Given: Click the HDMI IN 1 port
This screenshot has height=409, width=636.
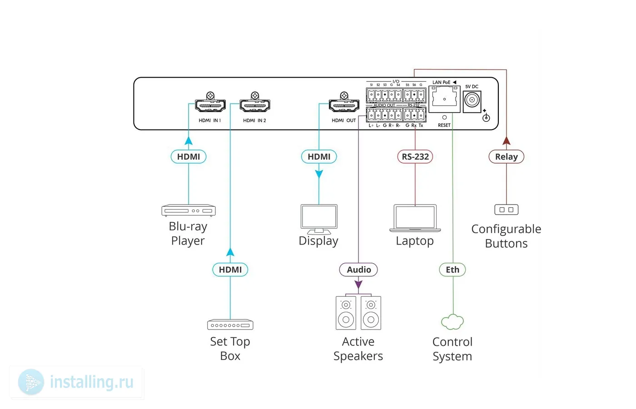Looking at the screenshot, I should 210,106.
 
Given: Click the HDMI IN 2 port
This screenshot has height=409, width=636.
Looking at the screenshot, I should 254,106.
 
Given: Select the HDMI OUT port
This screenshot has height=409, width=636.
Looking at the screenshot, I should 344,106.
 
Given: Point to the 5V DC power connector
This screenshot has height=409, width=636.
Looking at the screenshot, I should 472,100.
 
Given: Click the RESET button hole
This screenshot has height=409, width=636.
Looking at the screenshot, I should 444,117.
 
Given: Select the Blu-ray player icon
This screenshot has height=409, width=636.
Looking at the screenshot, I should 189,210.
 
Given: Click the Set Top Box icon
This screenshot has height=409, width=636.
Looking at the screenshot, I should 230,325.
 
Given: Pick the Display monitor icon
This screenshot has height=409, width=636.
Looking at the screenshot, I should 319,219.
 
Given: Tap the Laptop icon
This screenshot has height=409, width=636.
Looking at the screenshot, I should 415,219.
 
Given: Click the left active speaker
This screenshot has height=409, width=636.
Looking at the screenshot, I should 346,313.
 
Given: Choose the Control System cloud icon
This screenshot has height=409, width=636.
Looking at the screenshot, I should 452,322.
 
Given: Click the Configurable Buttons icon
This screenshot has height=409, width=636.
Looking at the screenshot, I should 506,209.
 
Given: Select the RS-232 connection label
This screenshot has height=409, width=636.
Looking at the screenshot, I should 415,157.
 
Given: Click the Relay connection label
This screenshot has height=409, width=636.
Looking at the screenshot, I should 506,157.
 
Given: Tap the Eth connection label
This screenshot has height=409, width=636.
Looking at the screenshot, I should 452,269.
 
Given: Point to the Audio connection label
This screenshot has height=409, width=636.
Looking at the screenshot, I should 358,269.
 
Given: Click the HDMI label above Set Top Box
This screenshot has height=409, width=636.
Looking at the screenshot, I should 230,269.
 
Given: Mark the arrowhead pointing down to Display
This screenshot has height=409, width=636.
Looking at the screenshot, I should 319,174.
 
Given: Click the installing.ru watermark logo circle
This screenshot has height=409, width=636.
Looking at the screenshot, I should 31,382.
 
